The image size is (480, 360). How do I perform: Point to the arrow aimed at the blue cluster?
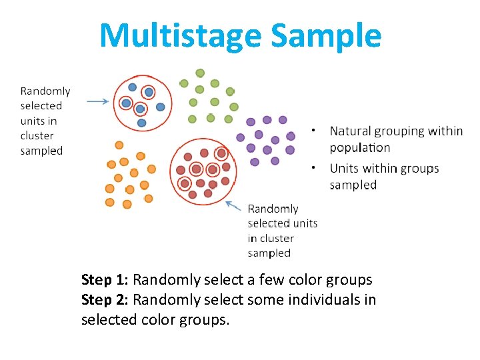coord(99,101)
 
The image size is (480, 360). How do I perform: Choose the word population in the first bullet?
coord(360,148)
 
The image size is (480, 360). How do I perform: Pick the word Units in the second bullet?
coord(343,168)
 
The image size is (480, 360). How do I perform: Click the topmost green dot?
coord(200,73)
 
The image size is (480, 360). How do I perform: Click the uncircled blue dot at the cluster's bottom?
coord(141,123)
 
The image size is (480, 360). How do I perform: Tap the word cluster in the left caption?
coord(37,136)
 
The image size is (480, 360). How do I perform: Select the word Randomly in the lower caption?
coord(273,209)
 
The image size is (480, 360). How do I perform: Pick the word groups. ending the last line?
coord(205,320)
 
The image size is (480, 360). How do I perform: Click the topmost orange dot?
coord(119,145)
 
